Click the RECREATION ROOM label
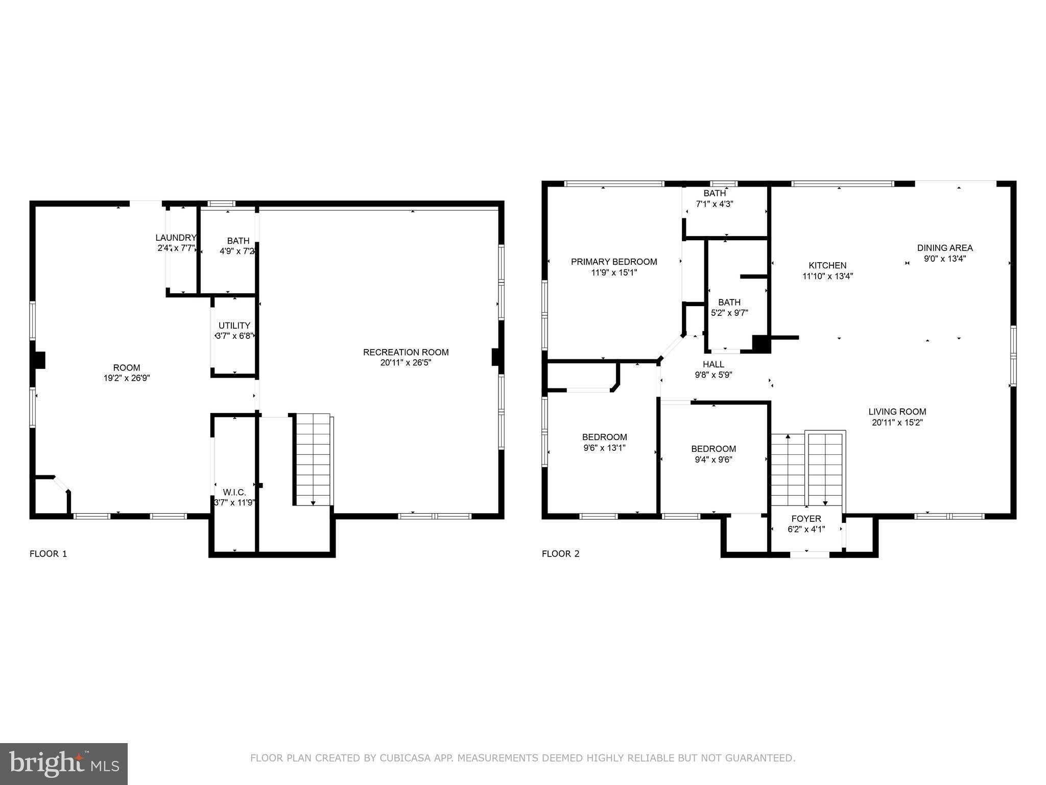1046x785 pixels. (406, 352)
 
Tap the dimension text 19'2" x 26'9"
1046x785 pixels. (126, 378)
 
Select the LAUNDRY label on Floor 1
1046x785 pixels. (176, 238)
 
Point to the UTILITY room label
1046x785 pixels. (234, 326)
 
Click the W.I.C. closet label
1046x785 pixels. (234, 492)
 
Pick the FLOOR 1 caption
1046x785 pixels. (49, 553)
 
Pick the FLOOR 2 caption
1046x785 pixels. (561, 553)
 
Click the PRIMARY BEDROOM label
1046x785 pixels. (614, 262)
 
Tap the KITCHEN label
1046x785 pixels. (827, 265)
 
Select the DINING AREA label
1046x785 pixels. (945, 248)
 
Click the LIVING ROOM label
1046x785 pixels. (897, 411)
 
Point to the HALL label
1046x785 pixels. (714, 364)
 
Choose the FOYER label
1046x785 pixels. (806, 519)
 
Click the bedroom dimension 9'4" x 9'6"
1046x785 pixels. (714, 459)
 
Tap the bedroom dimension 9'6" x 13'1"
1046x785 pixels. (604, 448)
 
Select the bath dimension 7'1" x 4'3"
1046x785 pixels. (715, 203)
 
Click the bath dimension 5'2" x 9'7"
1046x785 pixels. (729, 313)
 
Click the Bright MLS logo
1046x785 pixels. (64, 764)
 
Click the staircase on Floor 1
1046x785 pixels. (313, 459)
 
